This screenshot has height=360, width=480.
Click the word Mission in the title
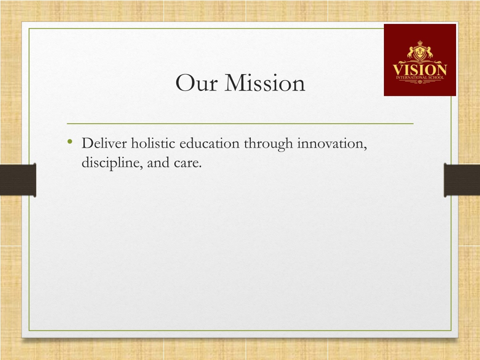tap(265, 82)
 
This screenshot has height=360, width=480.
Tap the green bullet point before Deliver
tap(70, 142)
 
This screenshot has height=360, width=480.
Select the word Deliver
tap(104, 143)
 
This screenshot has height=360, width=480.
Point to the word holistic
tap(153, 143)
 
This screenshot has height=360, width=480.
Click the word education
tap(210, 143)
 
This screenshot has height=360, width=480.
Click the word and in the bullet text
tap(158, 163)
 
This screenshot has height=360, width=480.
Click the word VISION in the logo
tap(420, 69)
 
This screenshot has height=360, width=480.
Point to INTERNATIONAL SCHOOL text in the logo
tap(420, 77)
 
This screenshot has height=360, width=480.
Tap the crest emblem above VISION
tap(420, 52)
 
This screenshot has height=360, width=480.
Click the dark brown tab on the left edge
tap(18, 180)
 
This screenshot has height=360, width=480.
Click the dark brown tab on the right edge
tap(462, 180)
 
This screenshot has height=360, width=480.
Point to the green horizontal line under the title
tap(240, 124)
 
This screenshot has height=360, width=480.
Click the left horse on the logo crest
tap(410, 52)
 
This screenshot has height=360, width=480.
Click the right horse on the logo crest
tap(429, 52)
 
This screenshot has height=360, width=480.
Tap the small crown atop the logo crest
tap(420, 43)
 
